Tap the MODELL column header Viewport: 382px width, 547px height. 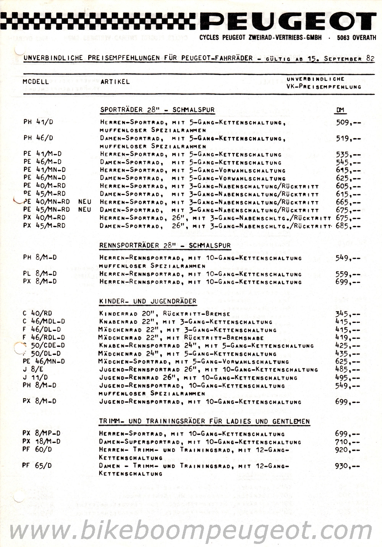pos(36,82)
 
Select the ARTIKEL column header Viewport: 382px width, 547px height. pos(115,82)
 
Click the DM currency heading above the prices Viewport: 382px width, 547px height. pos(340,110)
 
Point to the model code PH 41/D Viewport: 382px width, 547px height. pos(38,123)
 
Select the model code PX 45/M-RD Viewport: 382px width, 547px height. pos(44,226)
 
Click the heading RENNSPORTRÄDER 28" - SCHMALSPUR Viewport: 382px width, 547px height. pos(165,246)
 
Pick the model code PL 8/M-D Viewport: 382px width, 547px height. pos(40,274)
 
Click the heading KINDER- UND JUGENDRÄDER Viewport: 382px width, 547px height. pos(147,302)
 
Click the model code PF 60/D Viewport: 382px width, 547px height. pos(37,449)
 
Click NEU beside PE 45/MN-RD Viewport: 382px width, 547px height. pos(84,210)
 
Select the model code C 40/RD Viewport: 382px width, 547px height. pos(37,314)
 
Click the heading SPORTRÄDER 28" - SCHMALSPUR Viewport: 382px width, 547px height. pos(157,110)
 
